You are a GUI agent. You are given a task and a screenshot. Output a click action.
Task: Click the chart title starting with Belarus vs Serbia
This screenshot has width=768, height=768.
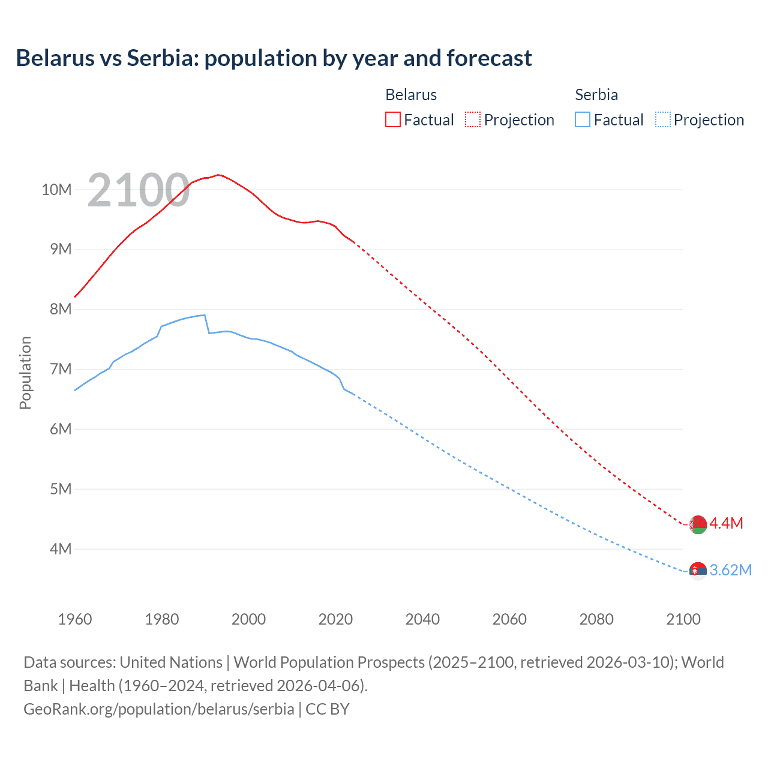pyautogui.click(x=274, y=58)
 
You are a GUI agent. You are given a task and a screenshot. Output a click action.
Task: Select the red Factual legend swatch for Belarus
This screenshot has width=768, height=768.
pyautogui.click(x=392, y=119)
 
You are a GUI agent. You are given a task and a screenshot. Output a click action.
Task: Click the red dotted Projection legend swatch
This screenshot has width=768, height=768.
pyautogui.click(x=473, y=119)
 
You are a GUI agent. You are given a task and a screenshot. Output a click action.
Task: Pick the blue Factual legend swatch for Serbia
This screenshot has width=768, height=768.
pyautogui.click(x=583, y=119)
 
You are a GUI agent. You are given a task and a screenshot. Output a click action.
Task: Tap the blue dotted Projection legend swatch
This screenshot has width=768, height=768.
pyautogui.click(x=662, y=119)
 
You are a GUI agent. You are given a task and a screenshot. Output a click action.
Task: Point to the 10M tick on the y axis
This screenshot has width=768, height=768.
pyautogui.click(x=56, y=190)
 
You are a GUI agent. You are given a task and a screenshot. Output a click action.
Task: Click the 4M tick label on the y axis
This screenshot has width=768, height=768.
pyautogui.click(x=60, y=549)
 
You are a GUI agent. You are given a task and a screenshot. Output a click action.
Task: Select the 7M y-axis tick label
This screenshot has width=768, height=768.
pyautogui.click(x=60, y=369)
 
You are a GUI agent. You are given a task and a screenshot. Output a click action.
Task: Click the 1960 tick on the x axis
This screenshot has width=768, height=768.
pyautogui.click(x=75, y=619)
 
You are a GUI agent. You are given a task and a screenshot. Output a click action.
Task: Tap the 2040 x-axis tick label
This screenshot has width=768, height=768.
pyautogui.click(x=422, y=619)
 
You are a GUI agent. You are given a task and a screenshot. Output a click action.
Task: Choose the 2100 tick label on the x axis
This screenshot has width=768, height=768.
pyautogui.click(x=683, y=619)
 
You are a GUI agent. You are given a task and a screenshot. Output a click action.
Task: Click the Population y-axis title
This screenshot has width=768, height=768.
pyautogui.click(x=25, y=373)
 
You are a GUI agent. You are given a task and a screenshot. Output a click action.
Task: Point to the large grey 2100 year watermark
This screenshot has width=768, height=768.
pyautogui.click(x=139, y=190)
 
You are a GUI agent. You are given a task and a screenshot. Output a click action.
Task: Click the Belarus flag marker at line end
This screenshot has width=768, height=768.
pyautogui.click(x=698, y=524)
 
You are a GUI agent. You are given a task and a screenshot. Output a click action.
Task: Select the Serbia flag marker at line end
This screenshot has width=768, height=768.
pyautogui.click(x=698, y=571)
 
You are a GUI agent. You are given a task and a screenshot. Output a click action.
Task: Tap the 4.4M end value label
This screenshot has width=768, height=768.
pyautogui.click(x=726, y=523)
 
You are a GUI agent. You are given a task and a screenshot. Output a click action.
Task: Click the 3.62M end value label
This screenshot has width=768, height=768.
pyautogui.click(x=730, y=570)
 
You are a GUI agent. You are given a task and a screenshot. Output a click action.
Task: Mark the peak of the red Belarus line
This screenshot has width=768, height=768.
pyautogui.click(x=219, y=175)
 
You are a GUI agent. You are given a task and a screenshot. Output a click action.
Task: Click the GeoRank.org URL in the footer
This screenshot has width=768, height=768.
pyautogui.click(x=159, y=709)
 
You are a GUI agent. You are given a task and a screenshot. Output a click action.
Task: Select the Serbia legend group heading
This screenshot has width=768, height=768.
pyautogui.click(x=596, y=95)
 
